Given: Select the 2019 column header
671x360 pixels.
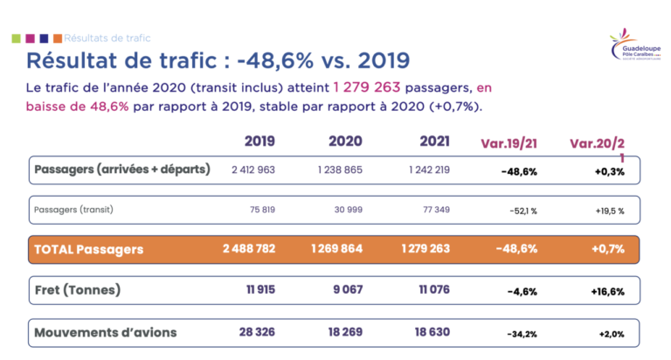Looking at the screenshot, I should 259,141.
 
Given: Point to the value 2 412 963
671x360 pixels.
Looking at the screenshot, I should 253,169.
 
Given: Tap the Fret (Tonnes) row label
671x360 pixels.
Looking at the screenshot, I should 77,290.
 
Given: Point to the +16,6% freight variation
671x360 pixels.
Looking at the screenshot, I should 605,291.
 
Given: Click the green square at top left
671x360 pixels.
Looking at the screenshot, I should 15,38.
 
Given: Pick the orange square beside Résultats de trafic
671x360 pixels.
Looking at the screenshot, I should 57,38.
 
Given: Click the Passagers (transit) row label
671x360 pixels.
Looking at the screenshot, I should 73,210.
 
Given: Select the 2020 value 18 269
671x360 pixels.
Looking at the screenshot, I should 344,332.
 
